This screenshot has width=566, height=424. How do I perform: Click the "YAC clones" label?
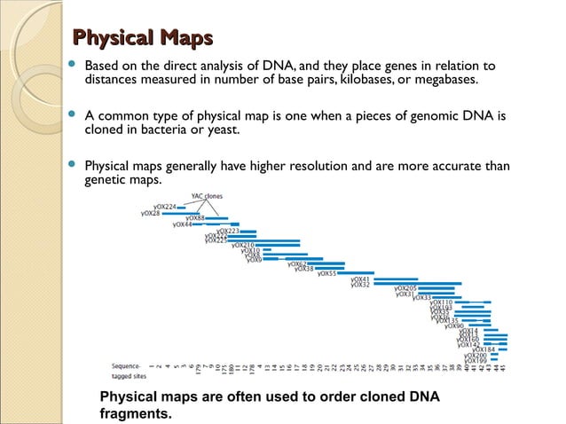point(207,195)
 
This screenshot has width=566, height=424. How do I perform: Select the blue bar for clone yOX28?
point(180,213)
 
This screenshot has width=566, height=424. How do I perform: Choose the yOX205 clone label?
point(405,288)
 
